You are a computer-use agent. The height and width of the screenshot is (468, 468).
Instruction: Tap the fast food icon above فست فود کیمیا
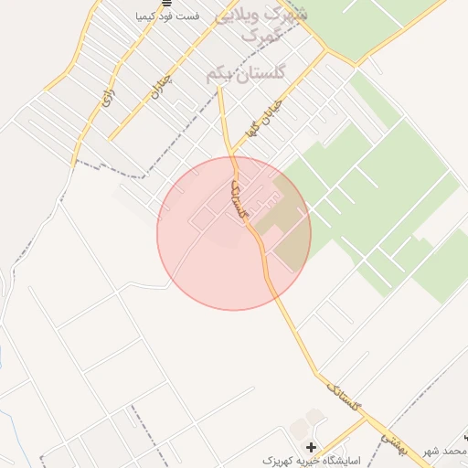(x=166, y=4)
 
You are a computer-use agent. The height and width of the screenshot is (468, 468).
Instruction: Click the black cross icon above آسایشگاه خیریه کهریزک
(x=312, y=447)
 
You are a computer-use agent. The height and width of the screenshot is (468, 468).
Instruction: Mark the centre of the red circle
(x=234, y=234)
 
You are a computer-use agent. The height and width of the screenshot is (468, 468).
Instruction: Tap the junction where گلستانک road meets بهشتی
(x=369, y=420)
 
